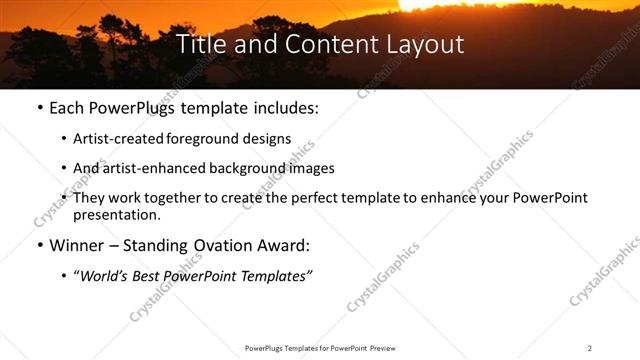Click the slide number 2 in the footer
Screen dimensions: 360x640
pyautogui.click(x=590, y=348)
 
